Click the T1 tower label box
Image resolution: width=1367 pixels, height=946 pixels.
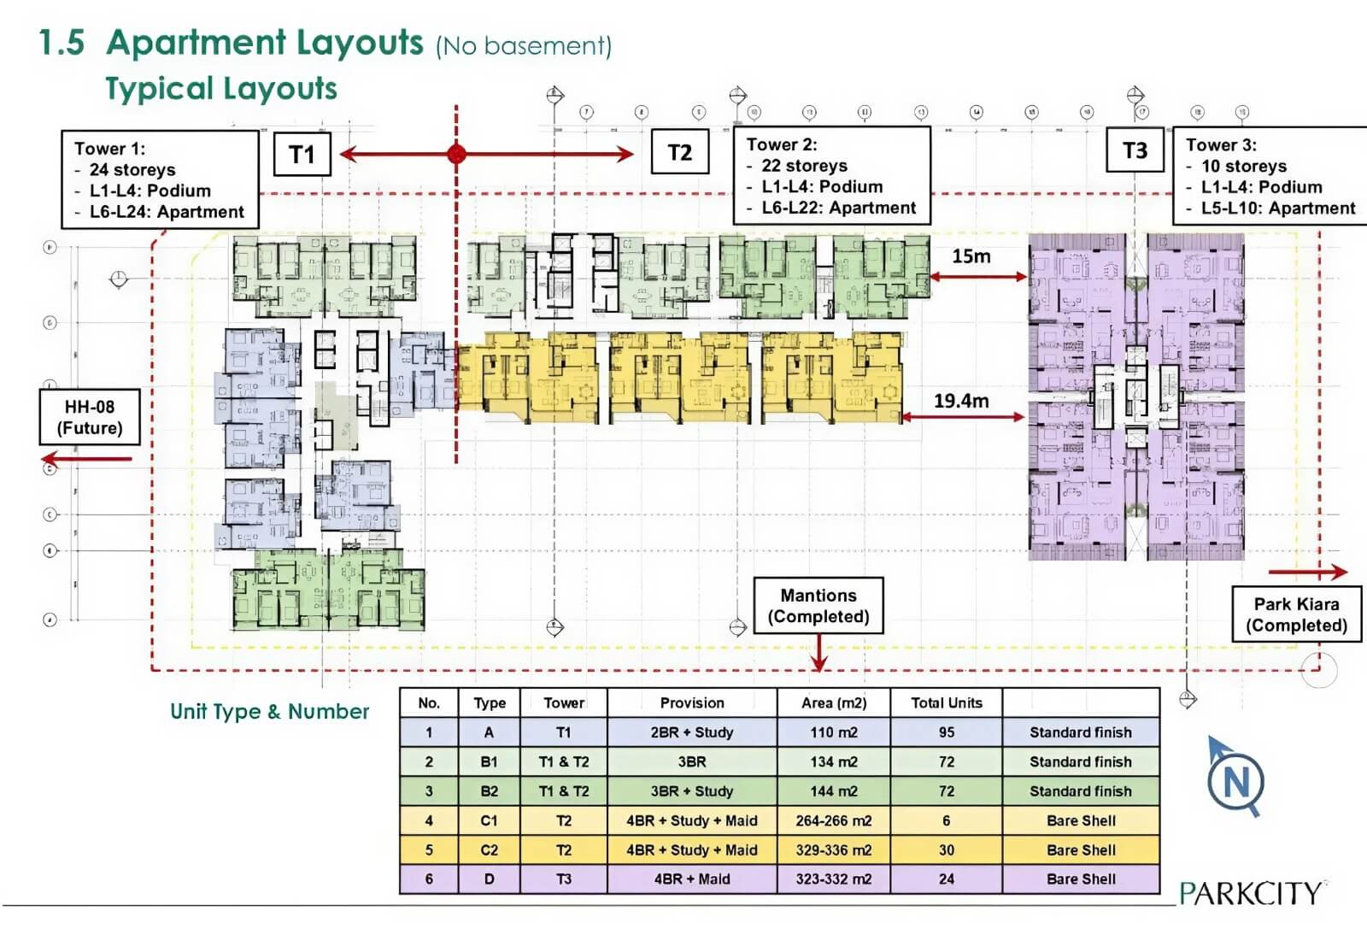coord(302,155)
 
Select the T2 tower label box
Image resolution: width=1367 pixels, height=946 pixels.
coord(679,153)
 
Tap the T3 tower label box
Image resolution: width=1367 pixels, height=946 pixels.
coord(1135,151)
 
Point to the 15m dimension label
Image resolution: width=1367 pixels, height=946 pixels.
coord(971,256)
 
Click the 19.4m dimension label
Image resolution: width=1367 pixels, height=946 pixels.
coord(961,401)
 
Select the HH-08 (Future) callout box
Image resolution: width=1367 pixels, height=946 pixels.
coord(90,417)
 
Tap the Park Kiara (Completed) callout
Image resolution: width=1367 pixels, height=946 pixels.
coord(1296,614)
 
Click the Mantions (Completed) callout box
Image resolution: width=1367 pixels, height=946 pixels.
coord(818,606)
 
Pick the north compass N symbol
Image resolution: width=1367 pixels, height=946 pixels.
coord(1236,781)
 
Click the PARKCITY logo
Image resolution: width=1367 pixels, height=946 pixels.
coord(1251,893)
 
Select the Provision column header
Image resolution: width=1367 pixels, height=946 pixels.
coord(692,703)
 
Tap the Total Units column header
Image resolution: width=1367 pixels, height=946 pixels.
coord(947,703)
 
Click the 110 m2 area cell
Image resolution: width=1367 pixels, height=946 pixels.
coord(834,732)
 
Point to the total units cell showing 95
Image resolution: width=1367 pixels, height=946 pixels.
coord(947,732)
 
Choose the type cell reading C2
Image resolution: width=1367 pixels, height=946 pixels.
coord(489,850)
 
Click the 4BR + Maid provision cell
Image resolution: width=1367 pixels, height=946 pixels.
coord(692,879)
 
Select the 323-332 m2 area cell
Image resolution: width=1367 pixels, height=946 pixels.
coord(834,879)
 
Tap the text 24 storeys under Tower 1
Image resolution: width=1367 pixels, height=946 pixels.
coord(132,170)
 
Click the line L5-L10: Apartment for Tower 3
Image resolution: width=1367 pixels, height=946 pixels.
coord(1278,209)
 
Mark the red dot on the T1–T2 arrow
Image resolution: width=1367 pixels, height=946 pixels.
coord(456,154)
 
